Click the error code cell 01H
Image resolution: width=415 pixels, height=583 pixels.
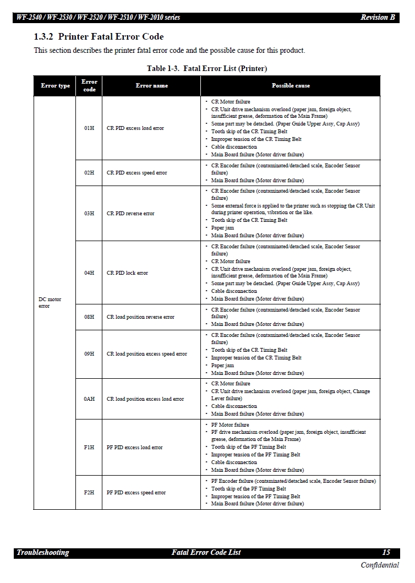point(89,128)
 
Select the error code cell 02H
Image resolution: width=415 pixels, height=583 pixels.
point(89,173)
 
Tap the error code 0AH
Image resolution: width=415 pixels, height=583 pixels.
point(89,399)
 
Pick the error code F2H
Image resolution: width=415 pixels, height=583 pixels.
point(89,493)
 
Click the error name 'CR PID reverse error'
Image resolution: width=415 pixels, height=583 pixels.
point(130,214)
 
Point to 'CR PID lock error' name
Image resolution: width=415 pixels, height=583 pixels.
point(127,273)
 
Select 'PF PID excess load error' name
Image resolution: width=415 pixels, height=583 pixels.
point(135,448)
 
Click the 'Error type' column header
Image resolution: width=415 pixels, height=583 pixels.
point(55,86)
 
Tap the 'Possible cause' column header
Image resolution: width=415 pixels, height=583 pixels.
point(291,86)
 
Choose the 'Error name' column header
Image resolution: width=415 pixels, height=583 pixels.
point(151,86)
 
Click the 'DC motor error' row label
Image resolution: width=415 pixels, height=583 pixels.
point(50,303)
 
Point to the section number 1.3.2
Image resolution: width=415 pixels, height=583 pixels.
point(43,37)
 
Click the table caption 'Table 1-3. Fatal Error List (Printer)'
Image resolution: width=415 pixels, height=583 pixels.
point(206,69)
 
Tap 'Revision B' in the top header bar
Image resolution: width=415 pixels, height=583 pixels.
point(378,18)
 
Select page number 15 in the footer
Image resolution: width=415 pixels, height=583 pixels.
point(386,553)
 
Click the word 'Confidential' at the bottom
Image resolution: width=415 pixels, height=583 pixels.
point(380,565)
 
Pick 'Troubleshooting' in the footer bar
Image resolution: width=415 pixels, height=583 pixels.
point(43,553)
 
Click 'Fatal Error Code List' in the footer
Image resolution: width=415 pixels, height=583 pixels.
point(206,553)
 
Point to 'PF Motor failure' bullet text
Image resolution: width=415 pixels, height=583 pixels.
point(230,425)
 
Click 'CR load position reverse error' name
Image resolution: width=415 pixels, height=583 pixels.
point(140,317)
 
